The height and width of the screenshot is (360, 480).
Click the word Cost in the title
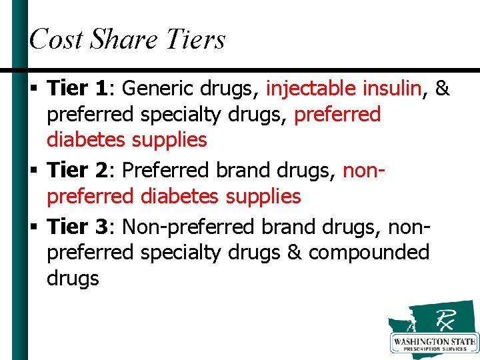[x=56, y=39]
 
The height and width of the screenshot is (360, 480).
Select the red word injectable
[x=312, y=88]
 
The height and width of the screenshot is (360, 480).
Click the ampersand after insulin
[x=441, y=88]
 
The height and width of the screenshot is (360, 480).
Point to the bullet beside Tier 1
[x=33, y=89]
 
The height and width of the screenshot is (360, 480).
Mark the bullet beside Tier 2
[x=33, y=171]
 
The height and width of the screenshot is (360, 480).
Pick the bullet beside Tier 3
[x=33, y=227]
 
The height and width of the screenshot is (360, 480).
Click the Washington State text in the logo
[x=435, y=342]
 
